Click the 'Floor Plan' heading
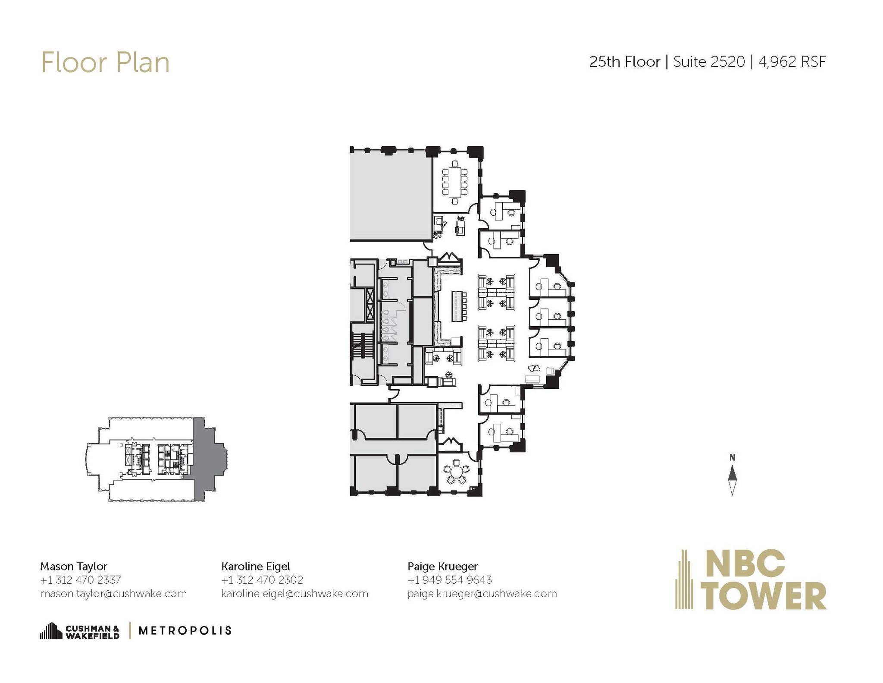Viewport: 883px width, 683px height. tap(105, 63)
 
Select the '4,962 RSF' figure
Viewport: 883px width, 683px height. tap(792, 62)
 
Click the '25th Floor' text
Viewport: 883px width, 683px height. tap(624, 62)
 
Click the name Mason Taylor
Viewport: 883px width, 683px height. tap(73, 566)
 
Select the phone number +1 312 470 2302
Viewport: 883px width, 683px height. tap(262, 579)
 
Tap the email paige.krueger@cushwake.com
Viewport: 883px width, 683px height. tap(482, 593)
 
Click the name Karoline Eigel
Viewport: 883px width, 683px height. tap(255, 566)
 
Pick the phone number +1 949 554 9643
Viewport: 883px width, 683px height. tap(449, 579)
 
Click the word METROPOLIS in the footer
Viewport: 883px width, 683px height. tap(185, 631)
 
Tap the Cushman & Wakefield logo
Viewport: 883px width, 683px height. tap(80, 631)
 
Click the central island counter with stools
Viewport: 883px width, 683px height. tap(457, 306)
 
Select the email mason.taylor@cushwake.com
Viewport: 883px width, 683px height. tap(113, 593)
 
